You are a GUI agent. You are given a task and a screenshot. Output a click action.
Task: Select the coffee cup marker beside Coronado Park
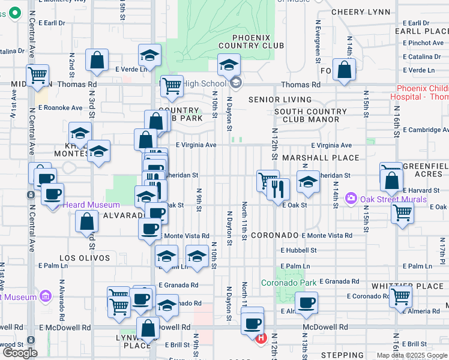[x=306, y=304]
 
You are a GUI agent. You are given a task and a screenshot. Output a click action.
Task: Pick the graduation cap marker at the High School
[x=229, y=66]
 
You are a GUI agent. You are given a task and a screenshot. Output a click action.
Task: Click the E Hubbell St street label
[x=298, y=250]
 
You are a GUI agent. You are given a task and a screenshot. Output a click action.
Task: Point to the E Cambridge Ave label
[x=426, y=130]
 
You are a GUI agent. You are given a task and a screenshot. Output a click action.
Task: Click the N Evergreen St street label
[x=318, y=40]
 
